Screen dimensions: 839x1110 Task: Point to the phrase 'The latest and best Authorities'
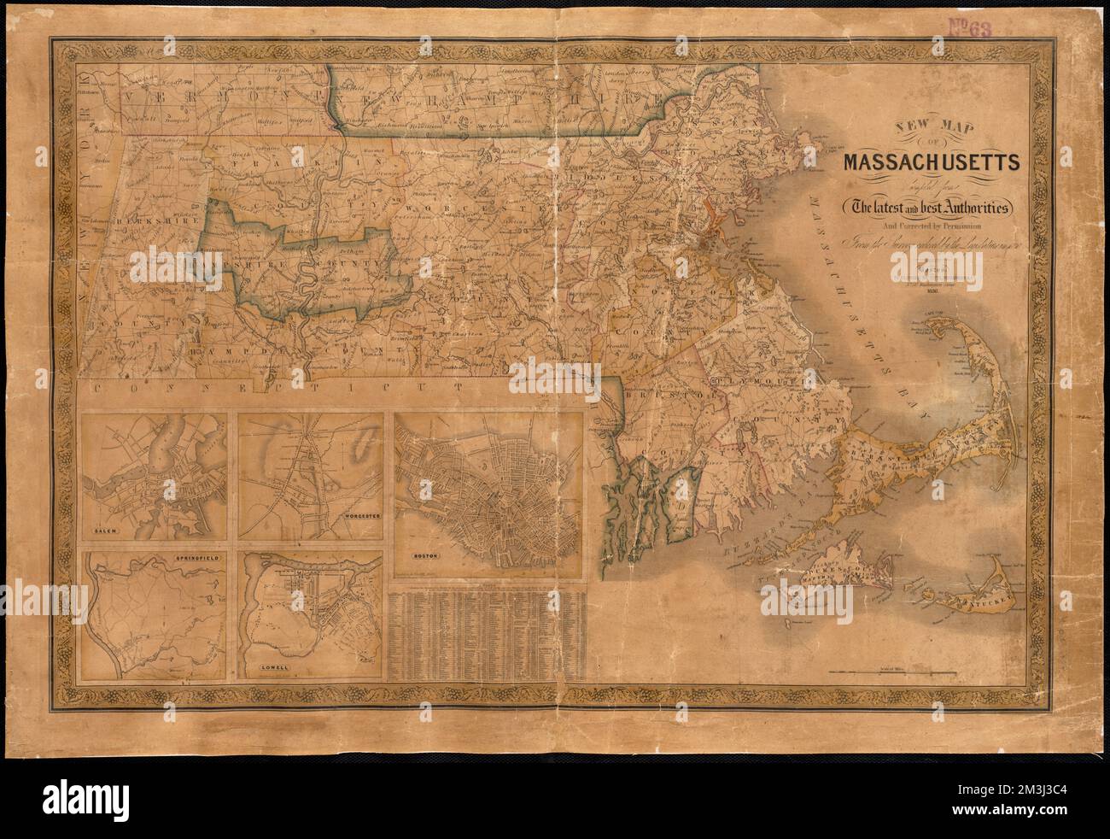[x=923, y=207]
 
